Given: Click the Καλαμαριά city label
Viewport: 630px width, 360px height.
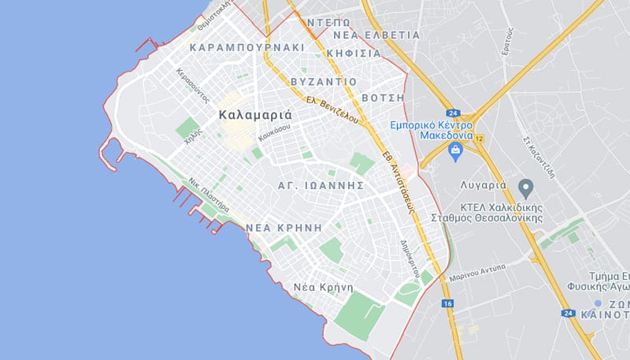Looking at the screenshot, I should click(x=255, y=115).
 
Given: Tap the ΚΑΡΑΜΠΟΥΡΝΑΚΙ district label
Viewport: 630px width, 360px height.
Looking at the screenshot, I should click(x=247, y=47).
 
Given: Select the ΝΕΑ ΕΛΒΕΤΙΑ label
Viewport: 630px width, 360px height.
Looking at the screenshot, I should click(x=376, y=35).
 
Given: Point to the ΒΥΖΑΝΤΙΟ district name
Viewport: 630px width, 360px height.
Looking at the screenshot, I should click(x=324, y=82).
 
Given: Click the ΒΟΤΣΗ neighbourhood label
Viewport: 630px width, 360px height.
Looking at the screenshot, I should click(x=382, y=98).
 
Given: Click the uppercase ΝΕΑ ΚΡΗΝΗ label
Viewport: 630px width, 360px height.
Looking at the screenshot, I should click(x=284, y=226).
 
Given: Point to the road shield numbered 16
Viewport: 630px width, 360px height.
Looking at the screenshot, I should click(x=447, y=303).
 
